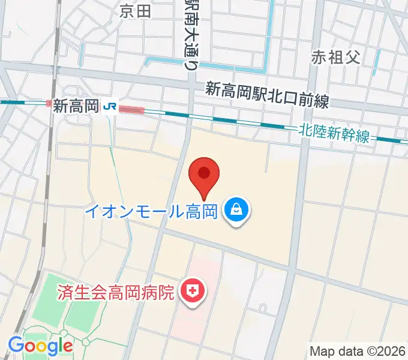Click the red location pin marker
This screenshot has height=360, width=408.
[204, 175]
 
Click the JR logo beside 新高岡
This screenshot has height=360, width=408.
[110, 106]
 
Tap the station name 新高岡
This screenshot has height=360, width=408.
[76, 106]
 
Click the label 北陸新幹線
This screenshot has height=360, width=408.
[335, 133]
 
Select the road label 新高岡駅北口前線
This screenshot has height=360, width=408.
[267, 95]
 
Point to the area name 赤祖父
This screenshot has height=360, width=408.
[335, 57]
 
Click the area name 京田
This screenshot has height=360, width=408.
[136, 10]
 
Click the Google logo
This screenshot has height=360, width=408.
[40, 346]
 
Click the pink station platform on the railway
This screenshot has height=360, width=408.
[131, 110]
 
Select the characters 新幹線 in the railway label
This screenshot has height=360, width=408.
[349, 134]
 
